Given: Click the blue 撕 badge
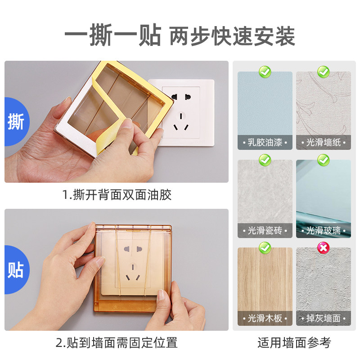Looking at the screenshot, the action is click(x=17, y=121).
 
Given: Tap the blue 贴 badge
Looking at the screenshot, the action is click(x=17, y=270).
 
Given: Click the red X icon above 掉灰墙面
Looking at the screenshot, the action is click(x=323, y=248).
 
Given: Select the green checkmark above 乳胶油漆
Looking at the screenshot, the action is click(x=265, y=72).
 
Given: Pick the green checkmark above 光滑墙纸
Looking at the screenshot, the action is click(x=323, y=72).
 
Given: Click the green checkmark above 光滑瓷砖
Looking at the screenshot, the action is click(x=265, y=160).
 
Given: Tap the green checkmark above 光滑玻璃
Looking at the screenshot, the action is click(x=323, y=160).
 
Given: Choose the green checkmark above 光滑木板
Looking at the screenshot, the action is click(x=265, y=248).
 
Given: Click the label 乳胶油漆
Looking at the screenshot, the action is click(x=265, y=143).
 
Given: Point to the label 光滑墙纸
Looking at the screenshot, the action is click(x=324, y=143).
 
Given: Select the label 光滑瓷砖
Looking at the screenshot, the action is click(x=265, y=230).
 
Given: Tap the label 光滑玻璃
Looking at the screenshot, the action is click(x=324, y=230).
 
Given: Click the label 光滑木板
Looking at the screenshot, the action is click(x=265, y=319).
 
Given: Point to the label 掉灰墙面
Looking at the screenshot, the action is click(x=324, y=319).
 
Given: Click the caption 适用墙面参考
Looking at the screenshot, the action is click(x=294, y=343).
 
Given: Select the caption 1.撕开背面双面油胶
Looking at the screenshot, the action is click(x=117, y=195).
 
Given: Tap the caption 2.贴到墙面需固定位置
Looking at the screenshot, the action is click(x=117, y=343).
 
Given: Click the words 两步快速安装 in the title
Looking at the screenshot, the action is click(x=232, y=36).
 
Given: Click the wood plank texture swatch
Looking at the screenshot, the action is click(x=265, y=287).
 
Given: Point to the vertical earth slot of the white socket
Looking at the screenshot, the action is click(x=181, y=116).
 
